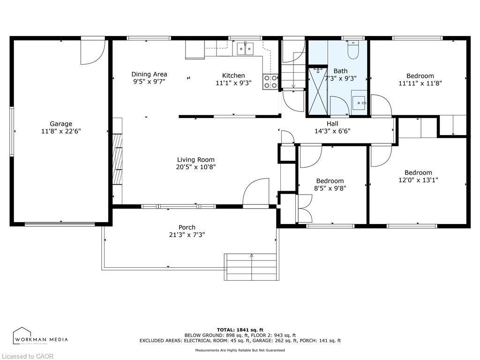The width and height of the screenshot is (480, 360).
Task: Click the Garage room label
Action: pyautogui.click(x=61, y=124)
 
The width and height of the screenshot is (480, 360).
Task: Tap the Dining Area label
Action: pyautogui.click(x=149, y=74)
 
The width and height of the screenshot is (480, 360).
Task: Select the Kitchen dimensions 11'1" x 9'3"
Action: pyautogui.click(x=233, y=83)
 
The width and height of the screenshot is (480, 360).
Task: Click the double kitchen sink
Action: pyautogui.click(x=245, y=47)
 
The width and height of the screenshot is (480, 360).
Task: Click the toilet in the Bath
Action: pyautogui.click(x=353, y=50)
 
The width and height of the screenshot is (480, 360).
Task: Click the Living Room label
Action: pyautogui.click(x=195, y=159)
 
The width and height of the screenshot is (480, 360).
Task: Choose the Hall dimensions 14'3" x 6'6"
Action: pyautogui.click(x=332, y=131)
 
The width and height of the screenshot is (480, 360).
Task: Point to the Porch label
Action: pyautogui.click(x=187, y=227)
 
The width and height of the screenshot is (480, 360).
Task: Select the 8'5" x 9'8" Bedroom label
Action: pyautogui.click(x=330, y=181)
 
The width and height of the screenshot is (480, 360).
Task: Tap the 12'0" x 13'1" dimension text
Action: pyautogui.click(x=418, y=180)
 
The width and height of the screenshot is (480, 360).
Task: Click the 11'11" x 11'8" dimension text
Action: pyautogui.click(x=420, y=83)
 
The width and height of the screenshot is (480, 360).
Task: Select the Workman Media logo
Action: pyautogui.click(x=40, y=337)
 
